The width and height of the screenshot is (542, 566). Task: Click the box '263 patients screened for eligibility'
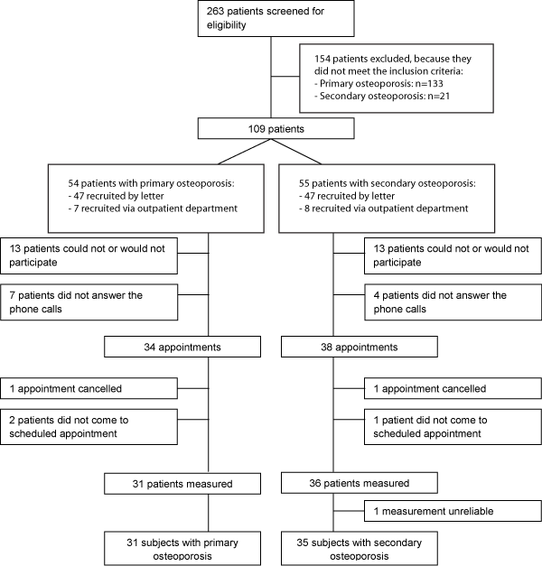[276, 18]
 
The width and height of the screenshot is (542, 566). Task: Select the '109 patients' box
[276, 128]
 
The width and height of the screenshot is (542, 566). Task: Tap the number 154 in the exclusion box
[322, 59]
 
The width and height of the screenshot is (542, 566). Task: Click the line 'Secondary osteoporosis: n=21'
[382, 96]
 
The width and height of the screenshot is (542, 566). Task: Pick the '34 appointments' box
[182, 347]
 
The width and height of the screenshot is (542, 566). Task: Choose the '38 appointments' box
[360, 347]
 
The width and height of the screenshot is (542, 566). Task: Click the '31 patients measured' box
[182, 484]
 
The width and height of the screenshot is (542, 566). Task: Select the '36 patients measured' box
[360, 483]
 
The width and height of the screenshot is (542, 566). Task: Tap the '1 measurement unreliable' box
[453, 511]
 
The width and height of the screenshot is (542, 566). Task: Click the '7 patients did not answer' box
[89, 302]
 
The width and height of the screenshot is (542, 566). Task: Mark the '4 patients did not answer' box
[453, 302]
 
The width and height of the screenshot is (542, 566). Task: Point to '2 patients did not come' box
[89, 427]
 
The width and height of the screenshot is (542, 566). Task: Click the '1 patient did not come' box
[453, 427]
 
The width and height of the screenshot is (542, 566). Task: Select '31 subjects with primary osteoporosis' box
[182, 548]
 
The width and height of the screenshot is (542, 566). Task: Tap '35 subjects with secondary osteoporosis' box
[360, 548]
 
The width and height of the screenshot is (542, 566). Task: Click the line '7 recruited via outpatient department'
[153, 209]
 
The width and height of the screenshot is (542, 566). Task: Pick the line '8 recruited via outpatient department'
[383, 209]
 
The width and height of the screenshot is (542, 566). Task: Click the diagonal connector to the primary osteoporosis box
[245, 152]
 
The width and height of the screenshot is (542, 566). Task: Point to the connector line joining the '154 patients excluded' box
[285, 77]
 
